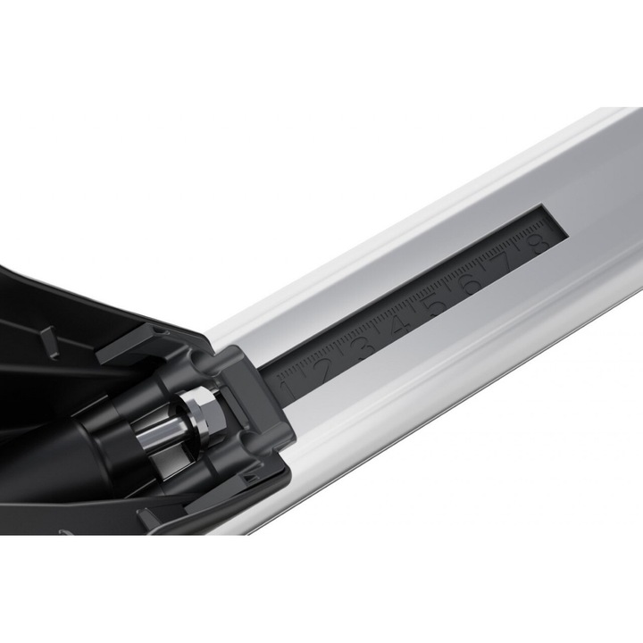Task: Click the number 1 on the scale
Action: tap(288, 390)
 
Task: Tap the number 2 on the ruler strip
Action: tap(323, 368)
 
